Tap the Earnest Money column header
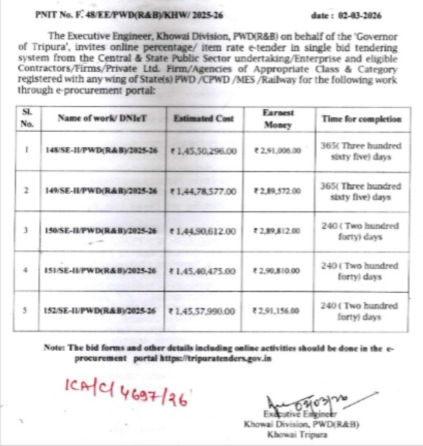(x=279, y=118)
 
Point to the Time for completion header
(x=361, y=118)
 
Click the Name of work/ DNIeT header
(x=102, y=118)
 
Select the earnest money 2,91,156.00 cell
(x=278, y=310)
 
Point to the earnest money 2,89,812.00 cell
(x=278, y=229)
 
